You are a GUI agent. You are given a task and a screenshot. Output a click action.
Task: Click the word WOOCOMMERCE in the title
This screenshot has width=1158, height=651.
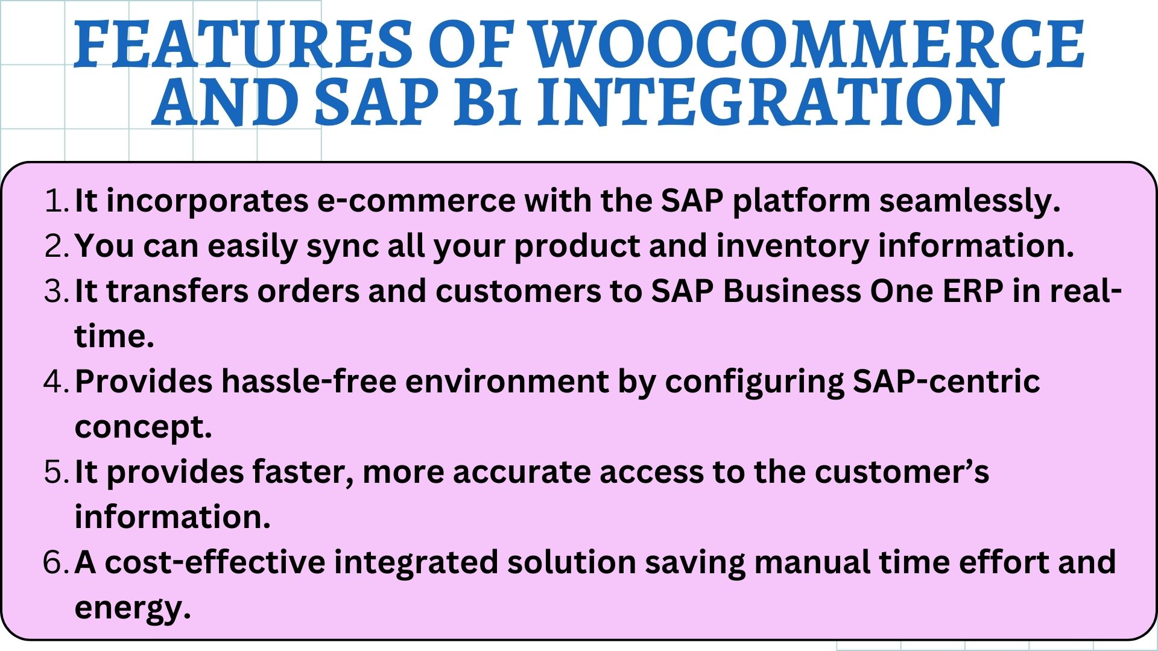click(808, 45)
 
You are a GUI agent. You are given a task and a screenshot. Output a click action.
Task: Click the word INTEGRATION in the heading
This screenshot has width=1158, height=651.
click(771, 102)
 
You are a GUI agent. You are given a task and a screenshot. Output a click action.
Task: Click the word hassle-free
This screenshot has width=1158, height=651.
click(308, 382)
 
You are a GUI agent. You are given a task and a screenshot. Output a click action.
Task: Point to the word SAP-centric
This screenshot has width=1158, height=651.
click(946, 382)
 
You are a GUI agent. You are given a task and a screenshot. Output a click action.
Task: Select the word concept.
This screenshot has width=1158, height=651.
click(143, 427)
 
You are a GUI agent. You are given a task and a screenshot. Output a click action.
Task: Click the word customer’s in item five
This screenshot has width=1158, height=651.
click(902, 472)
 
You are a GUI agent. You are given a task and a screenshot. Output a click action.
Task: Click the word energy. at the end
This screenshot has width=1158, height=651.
click(132, 608)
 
